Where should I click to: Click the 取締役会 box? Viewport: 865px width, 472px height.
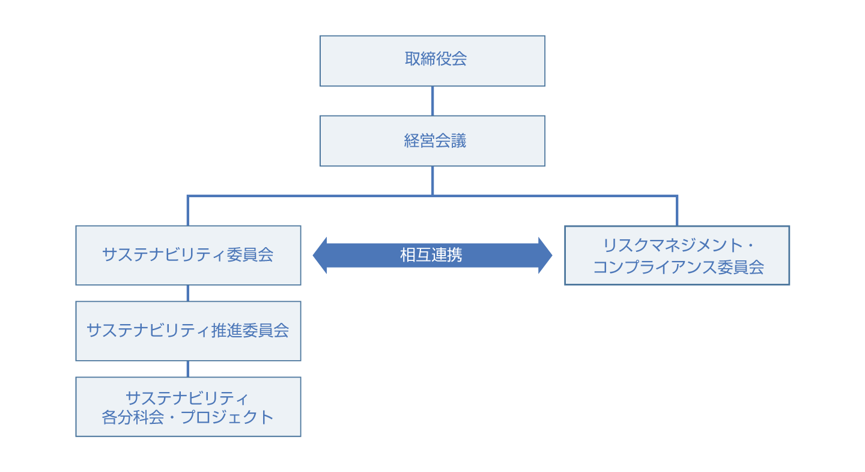point(432,60)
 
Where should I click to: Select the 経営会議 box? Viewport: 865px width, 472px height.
point(432,141)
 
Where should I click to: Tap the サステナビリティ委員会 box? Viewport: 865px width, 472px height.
point(188,255)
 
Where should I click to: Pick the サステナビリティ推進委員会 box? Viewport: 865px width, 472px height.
point(188,331)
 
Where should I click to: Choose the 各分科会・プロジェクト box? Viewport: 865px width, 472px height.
point(188,406)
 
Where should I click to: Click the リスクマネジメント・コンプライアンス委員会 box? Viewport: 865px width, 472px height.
point(677,255)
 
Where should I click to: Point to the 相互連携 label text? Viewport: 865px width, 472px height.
point(431,255)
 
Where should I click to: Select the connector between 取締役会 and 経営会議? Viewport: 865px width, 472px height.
point(432,100)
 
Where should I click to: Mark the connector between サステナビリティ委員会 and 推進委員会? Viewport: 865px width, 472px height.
point(188,293)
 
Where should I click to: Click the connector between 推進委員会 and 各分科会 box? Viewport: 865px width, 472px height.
point(188,369)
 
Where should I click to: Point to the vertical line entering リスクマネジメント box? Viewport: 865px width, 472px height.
point(677,210)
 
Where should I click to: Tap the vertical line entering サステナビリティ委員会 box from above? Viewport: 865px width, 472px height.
point(188,210)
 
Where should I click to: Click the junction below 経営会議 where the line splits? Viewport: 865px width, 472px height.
point(432,195)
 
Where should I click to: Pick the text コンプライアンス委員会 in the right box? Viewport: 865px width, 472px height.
point(678,268)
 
